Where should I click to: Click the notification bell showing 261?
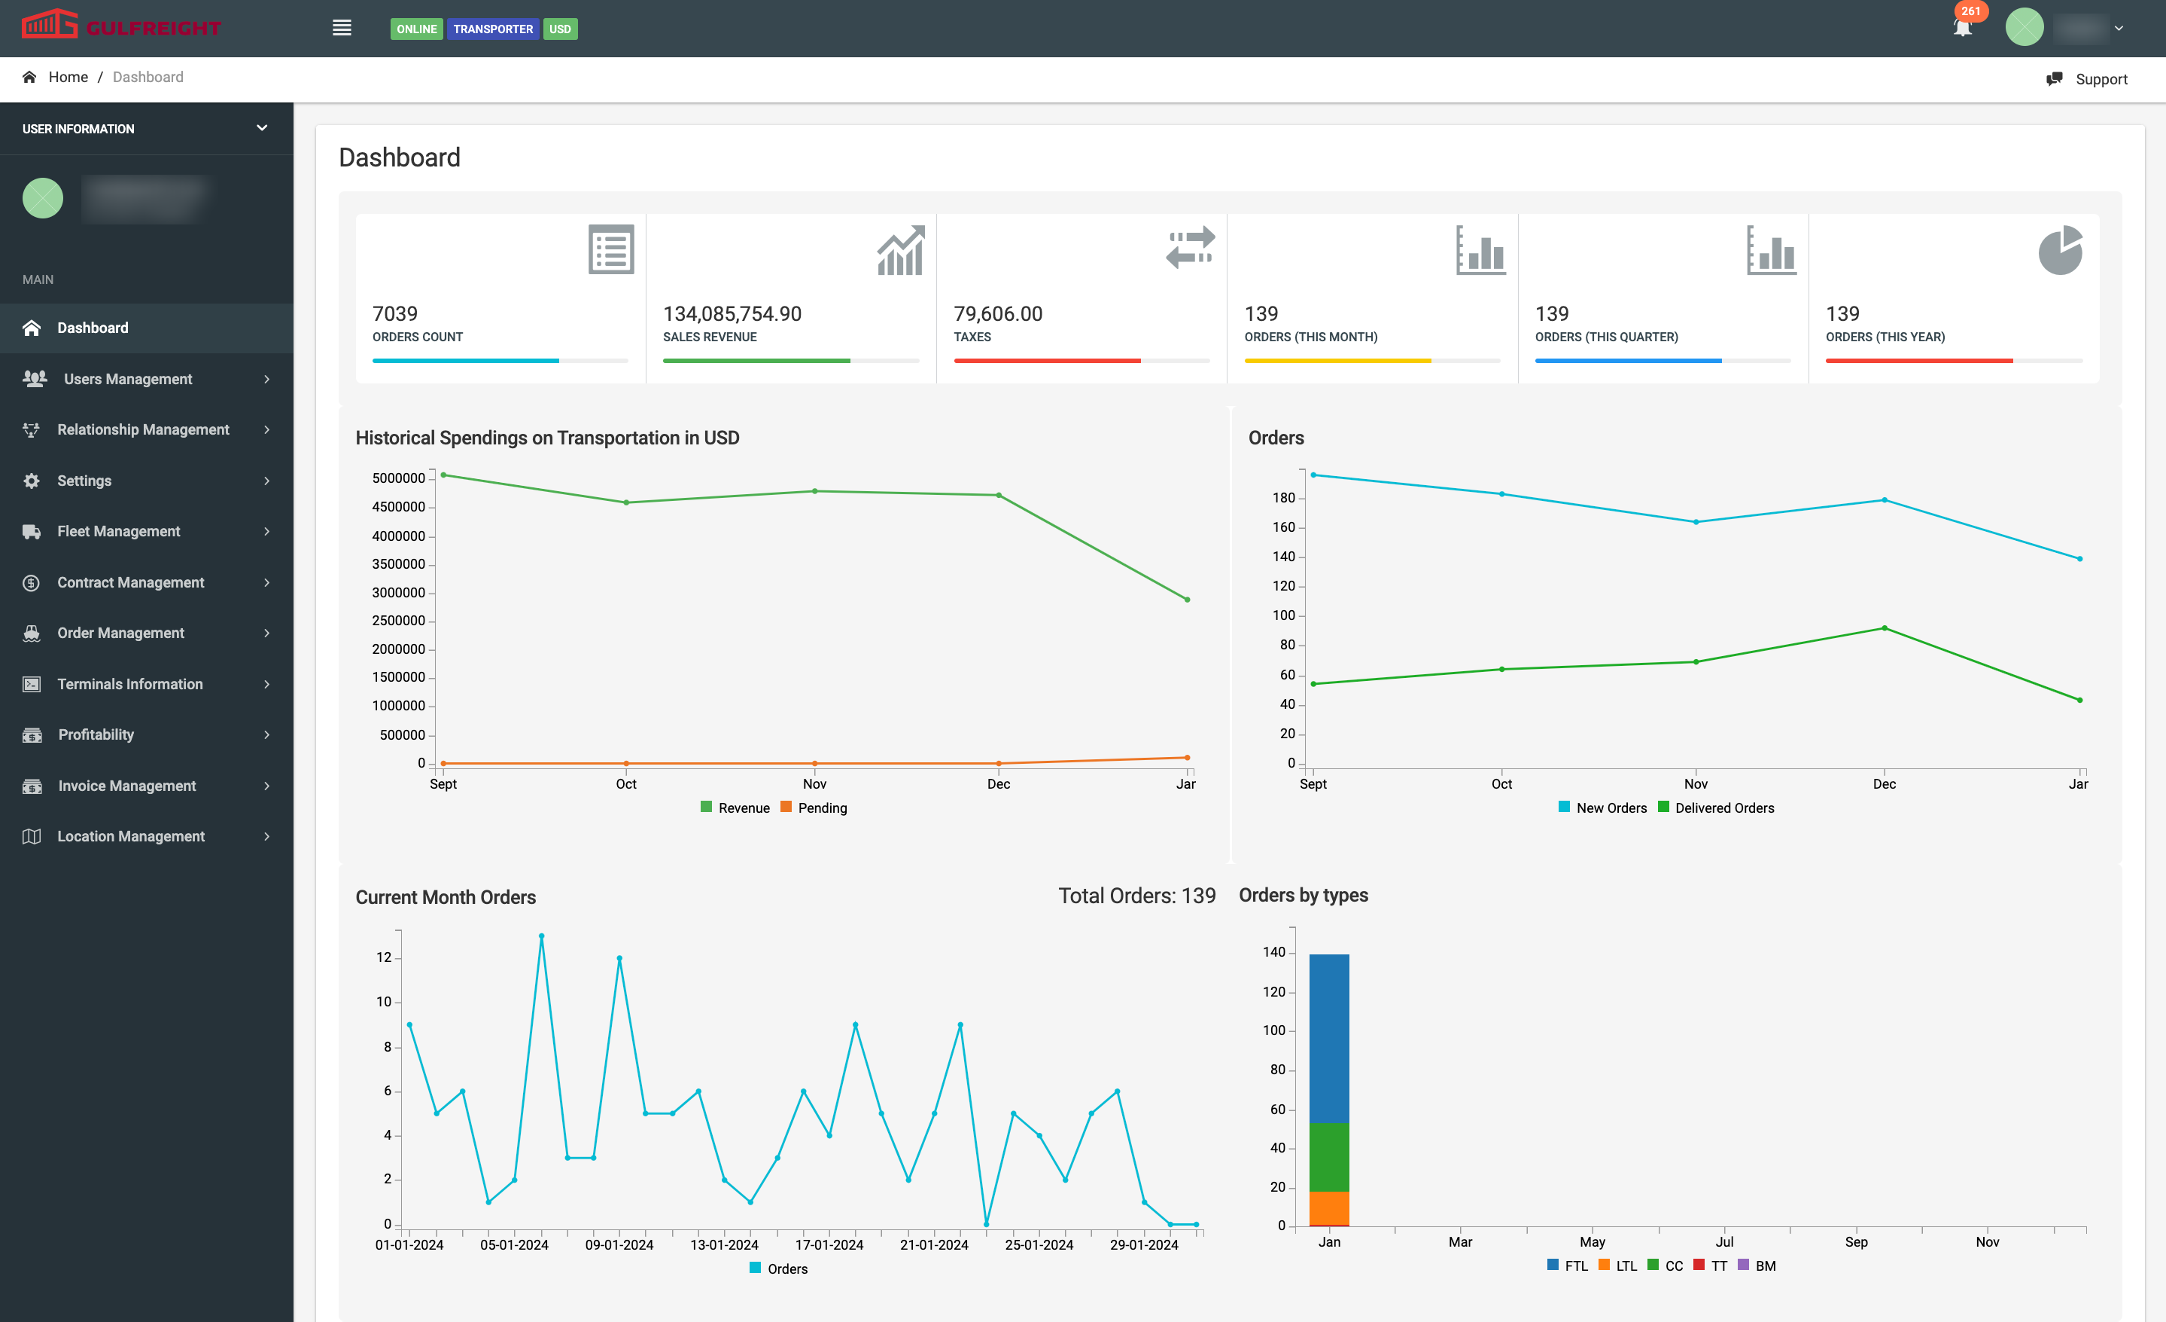coord(1962,27)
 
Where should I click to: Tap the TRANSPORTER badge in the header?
coord(492,29)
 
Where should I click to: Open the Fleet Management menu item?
coord(119,531)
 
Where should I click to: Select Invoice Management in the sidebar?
coord(126,786)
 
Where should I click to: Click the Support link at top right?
coord(2100,79)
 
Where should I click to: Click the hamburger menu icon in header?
coord(342,28)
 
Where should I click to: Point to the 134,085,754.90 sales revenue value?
coord(732,314)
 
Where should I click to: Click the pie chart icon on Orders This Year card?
coord(2060,251)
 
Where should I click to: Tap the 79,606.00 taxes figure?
coord(998,314)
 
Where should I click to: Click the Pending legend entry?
coord(821,808)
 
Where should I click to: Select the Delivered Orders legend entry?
coord(1723,808)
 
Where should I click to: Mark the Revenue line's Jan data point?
coord(1187,600)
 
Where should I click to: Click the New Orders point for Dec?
coord(1884,499)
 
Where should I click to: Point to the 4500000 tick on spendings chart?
coord(398,507)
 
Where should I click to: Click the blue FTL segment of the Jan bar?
coord(1328,1038)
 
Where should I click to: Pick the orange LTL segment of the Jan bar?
coord(1328,1207)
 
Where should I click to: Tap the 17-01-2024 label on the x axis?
coord(829,1244)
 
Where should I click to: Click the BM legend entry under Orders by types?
coord(1764,1266)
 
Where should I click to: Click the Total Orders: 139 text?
coord(1136,896)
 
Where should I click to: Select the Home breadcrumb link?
coord(68,78)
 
